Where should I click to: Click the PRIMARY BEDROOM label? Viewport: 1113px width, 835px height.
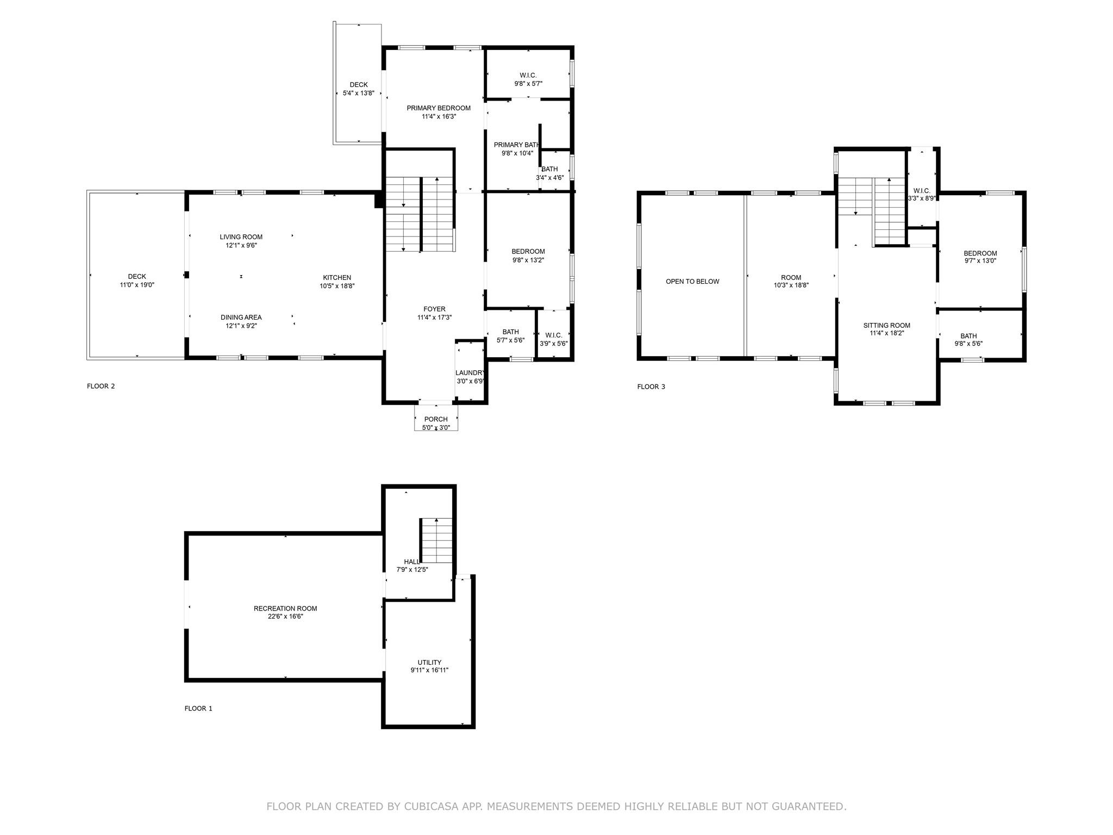439,108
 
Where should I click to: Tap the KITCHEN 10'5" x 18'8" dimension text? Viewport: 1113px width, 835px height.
337,286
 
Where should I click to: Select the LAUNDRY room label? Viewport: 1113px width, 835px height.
470,373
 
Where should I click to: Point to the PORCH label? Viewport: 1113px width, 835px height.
436,419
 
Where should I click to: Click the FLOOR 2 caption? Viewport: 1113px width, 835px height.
101,387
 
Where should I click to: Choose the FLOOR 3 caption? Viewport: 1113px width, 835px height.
651,387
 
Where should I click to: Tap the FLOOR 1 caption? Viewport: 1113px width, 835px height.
198,708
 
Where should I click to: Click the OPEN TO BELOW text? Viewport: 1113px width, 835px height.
692,282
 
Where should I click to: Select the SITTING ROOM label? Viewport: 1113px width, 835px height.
886,326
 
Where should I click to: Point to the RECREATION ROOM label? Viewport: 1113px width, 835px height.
285,608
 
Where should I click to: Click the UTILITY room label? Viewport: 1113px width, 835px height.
429,662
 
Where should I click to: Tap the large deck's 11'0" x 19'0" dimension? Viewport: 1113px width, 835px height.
137,285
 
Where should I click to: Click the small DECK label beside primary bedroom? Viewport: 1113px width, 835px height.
358,85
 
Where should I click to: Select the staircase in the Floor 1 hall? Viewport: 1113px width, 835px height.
437,541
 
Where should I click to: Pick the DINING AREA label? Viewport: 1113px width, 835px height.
241,317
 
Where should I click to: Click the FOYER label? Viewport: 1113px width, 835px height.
434,309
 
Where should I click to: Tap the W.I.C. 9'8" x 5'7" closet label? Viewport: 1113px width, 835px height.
528,76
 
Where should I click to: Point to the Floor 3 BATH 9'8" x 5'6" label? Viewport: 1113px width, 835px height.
968,336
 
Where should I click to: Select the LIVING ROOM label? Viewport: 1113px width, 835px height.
241,237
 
